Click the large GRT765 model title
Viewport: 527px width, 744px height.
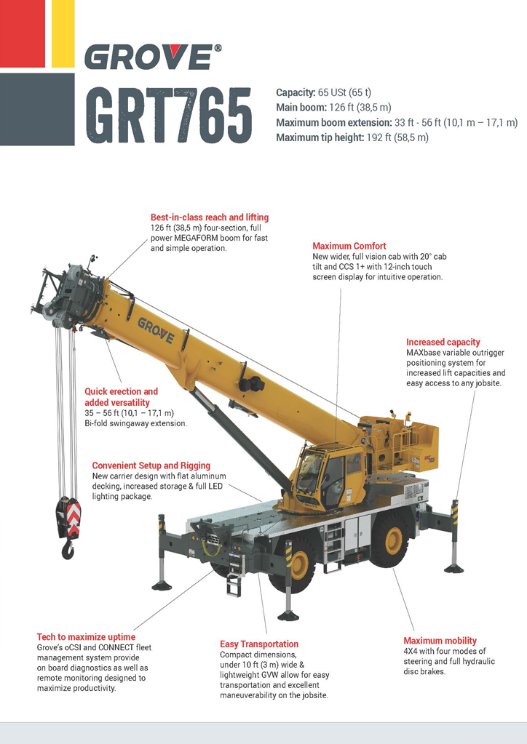pyautogui.click(x=169, y=115)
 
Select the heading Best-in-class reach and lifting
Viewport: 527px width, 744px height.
pyautogui.click(x=210, y=217)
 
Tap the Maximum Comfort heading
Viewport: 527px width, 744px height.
pyautogui.click(x=349, y=247)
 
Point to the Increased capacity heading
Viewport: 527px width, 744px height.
pyautogui.click(x=443, y=343)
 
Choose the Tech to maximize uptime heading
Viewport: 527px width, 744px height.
pyautogui.click(x=86, y=638)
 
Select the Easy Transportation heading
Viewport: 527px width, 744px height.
pyautogui.click(x=259, y=644)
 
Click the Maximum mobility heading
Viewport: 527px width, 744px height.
pyautogui.click(x=440, y=641)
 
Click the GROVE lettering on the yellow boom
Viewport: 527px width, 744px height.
pyautogui.click(x=156, y=330)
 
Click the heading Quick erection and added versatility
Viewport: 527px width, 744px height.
pyautogui.click(x=121, y=397)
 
